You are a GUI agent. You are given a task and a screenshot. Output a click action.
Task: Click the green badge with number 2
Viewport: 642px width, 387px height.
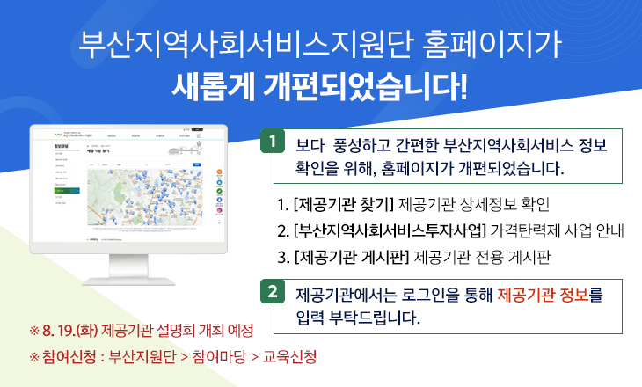pyautogui.click(x=274, y=291)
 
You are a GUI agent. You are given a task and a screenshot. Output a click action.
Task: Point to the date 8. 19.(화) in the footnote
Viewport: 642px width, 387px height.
pyautogui.click(x=69, y=332)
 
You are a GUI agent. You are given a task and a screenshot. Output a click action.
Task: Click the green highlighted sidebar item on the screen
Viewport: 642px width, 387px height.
pyautogui.click(x=66, y=190)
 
